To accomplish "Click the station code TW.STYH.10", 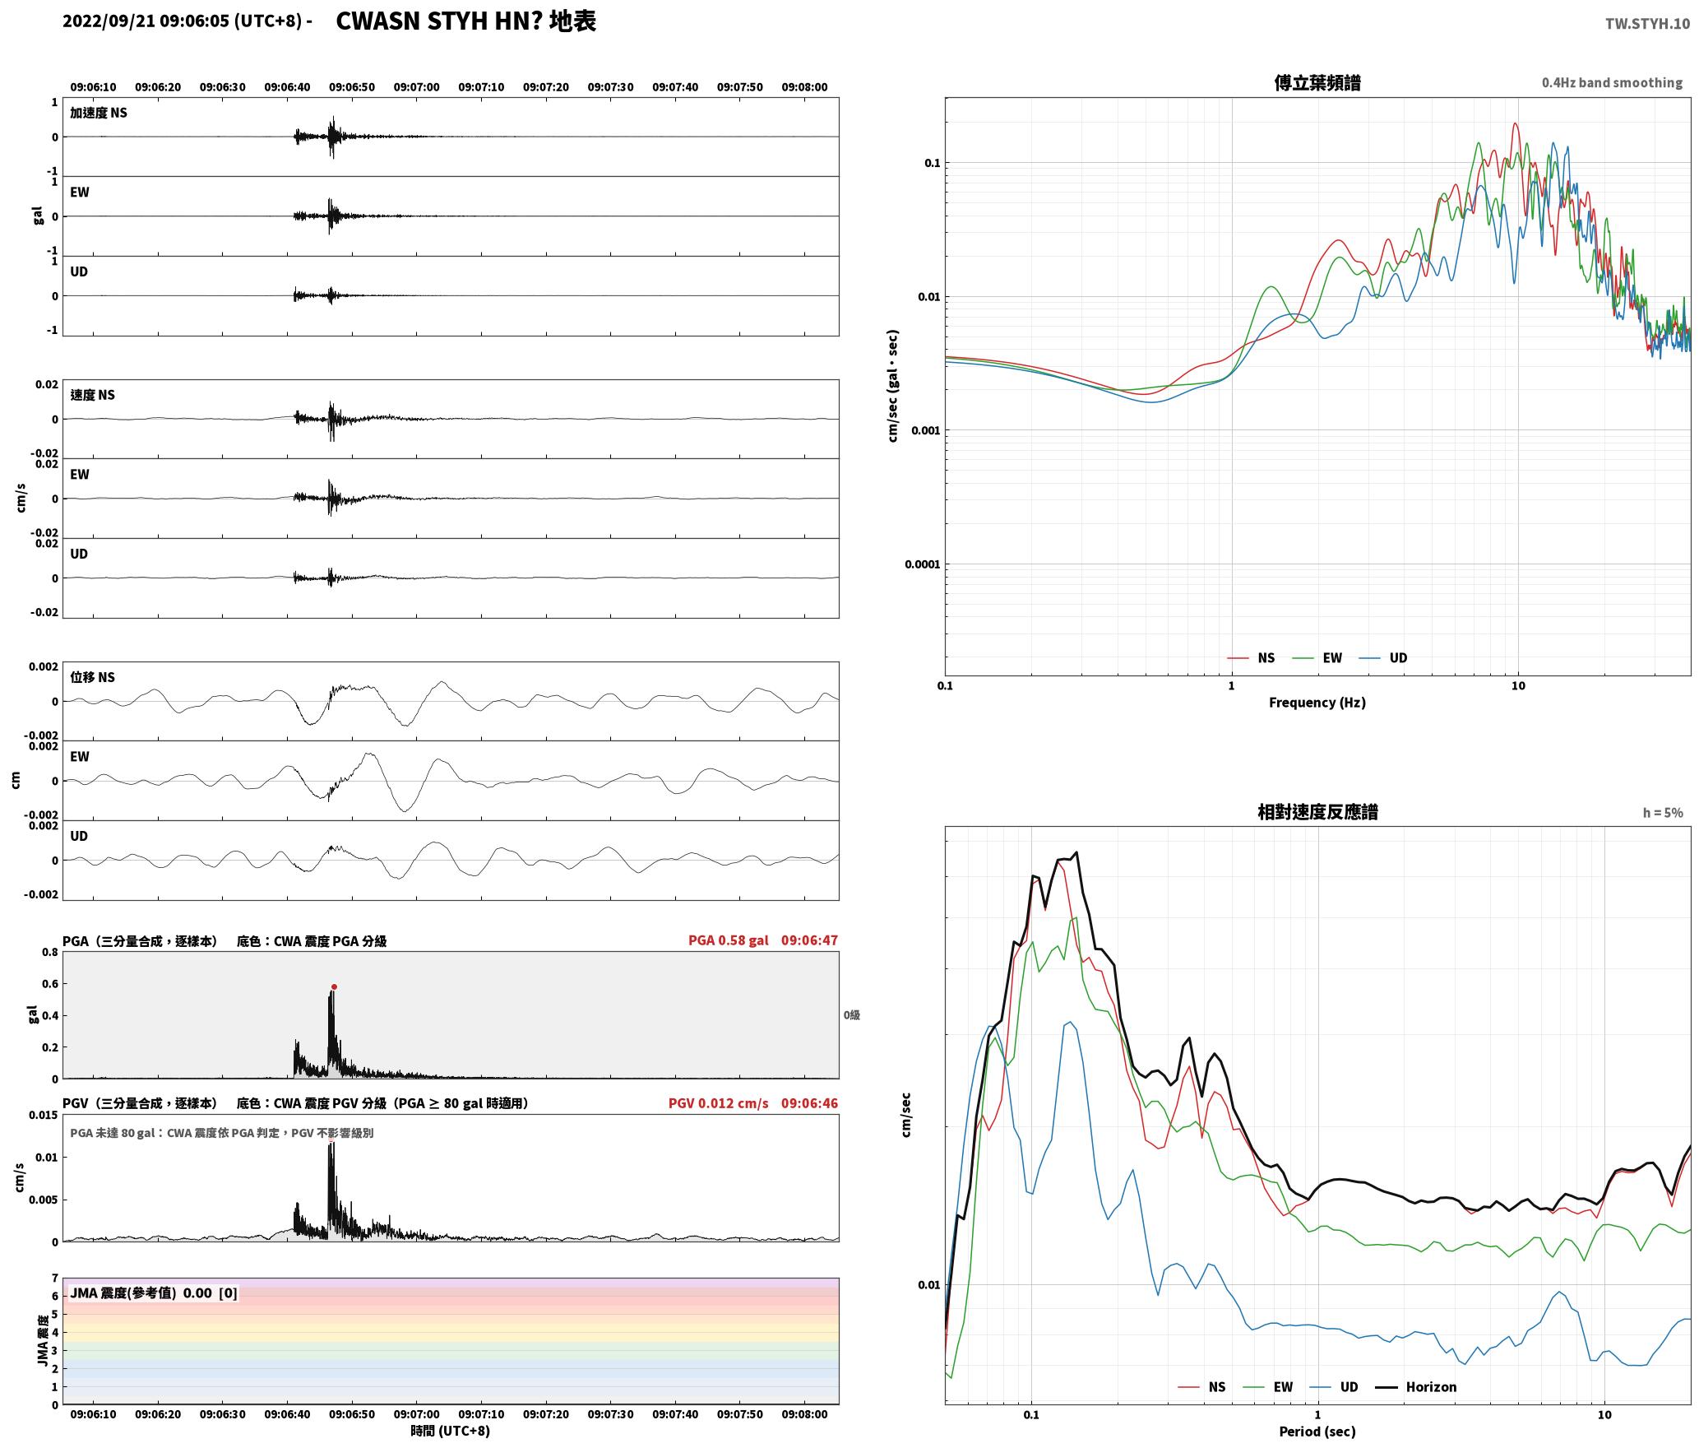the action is coord(1647,23).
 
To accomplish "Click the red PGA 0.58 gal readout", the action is coord(729,940).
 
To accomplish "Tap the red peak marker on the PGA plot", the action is coord(334,986).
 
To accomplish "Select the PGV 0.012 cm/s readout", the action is coord(719,1103).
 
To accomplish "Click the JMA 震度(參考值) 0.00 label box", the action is coord(154,1293).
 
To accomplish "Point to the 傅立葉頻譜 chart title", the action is coord(1317,83).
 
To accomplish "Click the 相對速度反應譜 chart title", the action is coord(1317,812).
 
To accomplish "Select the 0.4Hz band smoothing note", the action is coord(1612,83).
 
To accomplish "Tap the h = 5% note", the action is coord(1663,813).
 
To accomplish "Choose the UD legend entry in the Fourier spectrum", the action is coord(1383,658).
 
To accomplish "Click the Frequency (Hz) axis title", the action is coord(1317,703).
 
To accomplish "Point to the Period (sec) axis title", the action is coord(1317,1432).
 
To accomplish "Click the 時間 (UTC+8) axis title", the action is coord(451,1431).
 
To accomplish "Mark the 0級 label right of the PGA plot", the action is coord(851,1015).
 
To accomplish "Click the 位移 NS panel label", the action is coord(92,677).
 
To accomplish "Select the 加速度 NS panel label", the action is coord(99,113).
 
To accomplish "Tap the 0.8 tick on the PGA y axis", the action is coord(50,953).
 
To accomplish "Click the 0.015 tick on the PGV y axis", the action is coord(44,1116).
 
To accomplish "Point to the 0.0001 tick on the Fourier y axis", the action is coord(922,564).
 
